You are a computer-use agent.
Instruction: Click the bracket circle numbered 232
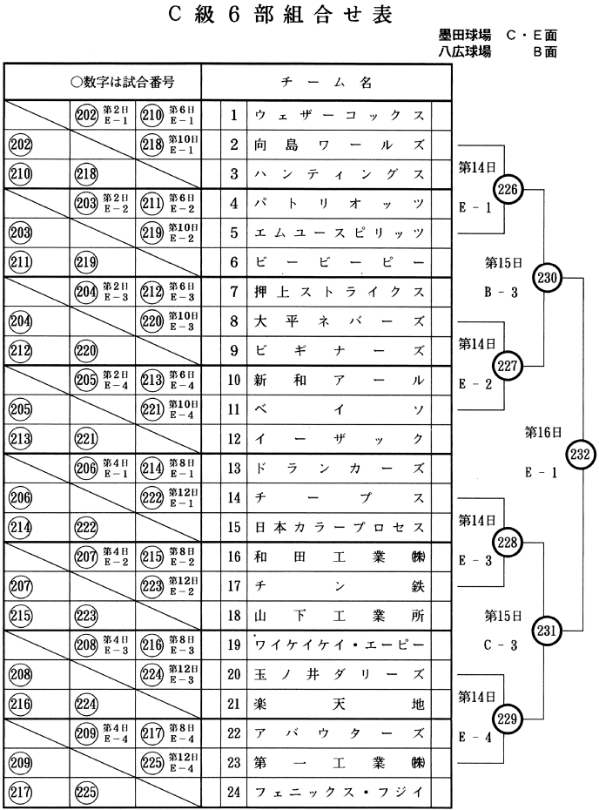(x=581, y=453)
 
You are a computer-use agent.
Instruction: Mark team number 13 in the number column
(x=234, y=469)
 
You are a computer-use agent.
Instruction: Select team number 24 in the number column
(x=234, y=793)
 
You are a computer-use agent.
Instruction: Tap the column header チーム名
(x=326, y=83)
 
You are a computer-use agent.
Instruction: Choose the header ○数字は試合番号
(x=123, y=83)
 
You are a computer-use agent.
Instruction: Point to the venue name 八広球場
(x=465, y=51)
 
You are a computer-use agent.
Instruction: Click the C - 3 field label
(x=501, y=645)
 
